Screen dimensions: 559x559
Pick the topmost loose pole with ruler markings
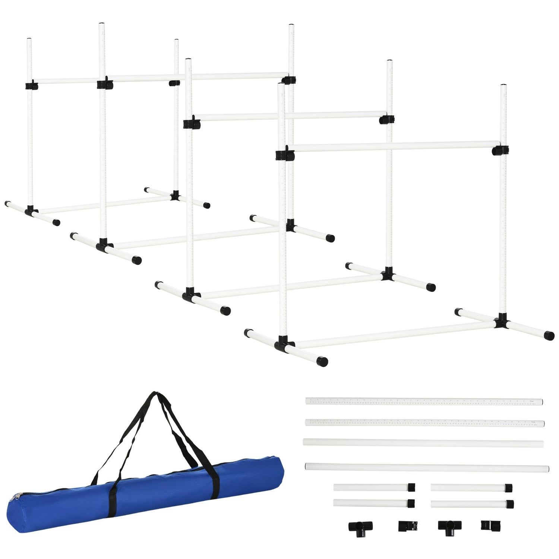tap(424, 401)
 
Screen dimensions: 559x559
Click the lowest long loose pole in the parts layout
tap(427, 467)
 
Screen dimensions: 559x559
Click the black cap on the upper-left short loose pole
tap(411, 487)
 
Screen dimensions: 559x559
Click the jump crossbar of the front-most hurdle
tap(391, 146)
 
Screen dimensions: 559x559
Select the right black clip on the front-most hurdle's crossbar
tap(500, 150)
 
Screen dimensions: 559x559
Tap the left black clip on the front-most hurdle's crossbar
tap(285, 155)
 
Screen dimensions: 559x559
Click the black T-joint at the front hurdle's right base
tap(502, 321)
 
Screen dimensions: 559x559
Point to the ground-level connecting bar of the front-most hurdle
tap(395, 334)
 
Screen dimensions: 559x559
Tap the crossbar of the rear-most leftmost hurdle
tap(67, 80)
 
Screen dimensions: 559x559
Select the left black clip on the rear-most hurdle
tap(32, 86)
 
